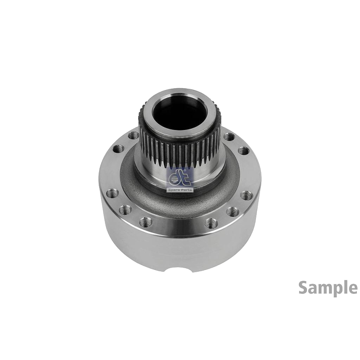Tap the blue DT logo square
[x=180, y=177]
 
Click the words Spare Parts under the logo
[x=180, y=190]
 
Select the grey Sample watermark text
[x=328, y=288]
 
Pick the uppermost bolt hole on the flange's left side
[x=133, y=135]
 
